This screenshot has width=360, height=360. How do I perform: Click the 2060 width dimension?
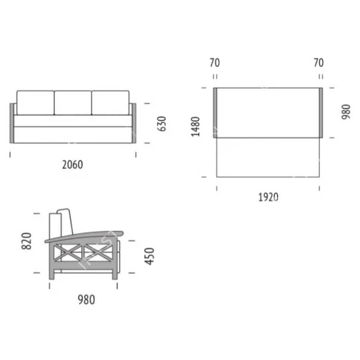tap(72, 165)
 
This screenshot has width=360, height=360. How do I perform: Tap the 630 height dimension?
tap(162, 124)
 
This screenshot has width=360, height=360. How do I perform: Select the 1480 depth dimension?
tap(195, 126)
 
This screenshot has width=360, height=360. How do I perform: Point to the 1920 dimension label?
tap(268, 197)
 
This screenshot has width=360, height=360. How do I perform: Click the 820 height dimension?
tap(27, 241)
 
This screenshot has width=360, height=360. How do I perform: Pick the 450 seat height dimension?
tap(150, 256)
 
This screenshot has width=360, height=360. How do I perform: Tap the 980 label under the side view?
tap(87, 300)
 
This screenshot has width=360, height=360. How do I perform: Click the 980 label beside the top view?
tap(346, 112)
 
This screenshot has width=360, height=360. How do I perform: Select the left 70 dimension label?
tap(215, 63)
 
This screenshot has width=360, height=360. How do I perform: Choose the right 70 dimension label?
tap(319, 63)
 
